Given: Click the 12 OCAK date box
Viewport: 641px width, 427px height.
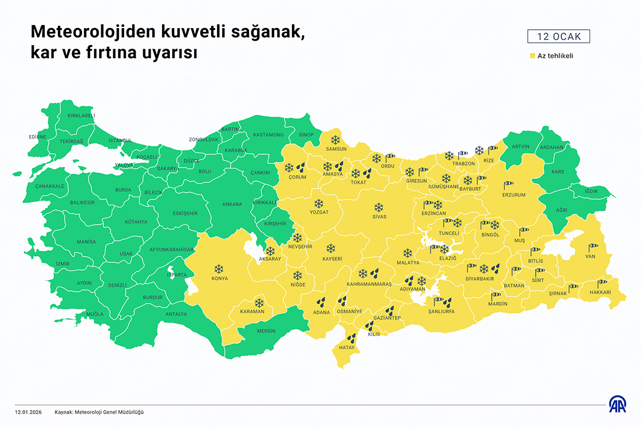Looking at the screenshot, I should point(558,37).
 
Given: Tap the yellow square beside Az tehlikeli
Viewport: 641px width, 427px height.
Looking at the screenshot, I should point(532,56).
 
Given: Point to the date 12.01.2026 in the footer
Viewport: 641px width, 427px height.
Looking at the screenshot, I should point(29,412).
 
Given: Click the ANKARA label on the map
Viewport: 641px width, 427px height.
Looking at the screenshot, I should point(232,204).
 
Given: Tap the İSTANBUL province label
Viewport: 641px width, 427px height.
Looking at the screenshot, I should point(120,140).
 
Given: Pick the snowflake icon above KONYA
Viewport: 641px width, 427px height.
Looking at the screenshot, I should point(219,269).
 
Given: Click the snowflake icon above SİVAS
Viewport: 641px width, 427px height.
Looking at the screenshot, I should point(379,207).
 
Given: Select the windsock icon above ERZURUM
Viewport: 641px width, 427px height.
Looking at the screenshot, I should point(509,185).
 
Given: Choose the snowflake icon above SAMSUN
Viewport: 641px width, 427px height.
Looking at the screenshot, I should point(335,139).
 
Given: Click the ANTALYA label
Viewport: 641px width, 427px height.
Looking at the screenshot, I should point(176,314).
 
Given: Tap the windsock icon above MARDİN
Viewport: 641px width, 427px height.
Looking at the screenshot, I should point(496,296).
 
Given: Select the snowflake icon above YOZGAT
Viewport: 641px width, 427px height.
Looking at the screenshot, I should point(319,203).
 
